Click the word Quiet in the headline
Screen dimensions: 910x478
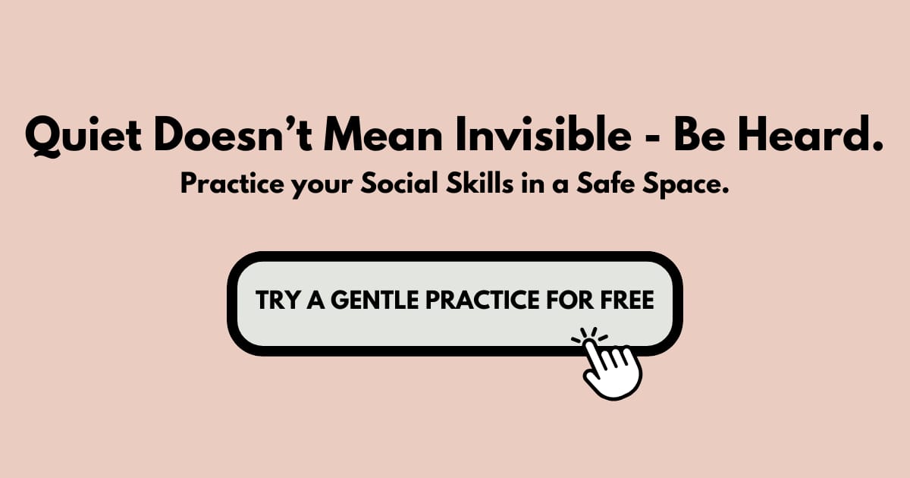coord(83,135)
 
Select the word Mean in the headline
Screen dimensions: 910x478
coord(383,134)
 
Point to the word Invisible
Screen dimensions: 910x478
coord(544,134)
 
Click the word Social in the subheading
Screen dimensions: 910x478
coord(400,184)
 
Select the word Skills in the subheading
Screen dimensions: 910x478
coord(480,184)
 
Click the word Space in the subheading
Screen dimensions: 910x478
coord(686,185)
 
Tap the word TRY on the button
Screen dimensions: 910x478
coord(278,300)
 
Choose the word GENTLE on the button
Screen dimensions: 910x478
coord(375,300)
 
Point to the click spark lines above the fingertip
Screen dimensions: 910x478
coord(589,335)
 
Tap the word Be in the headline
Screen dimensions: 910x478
coord(699,134)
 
